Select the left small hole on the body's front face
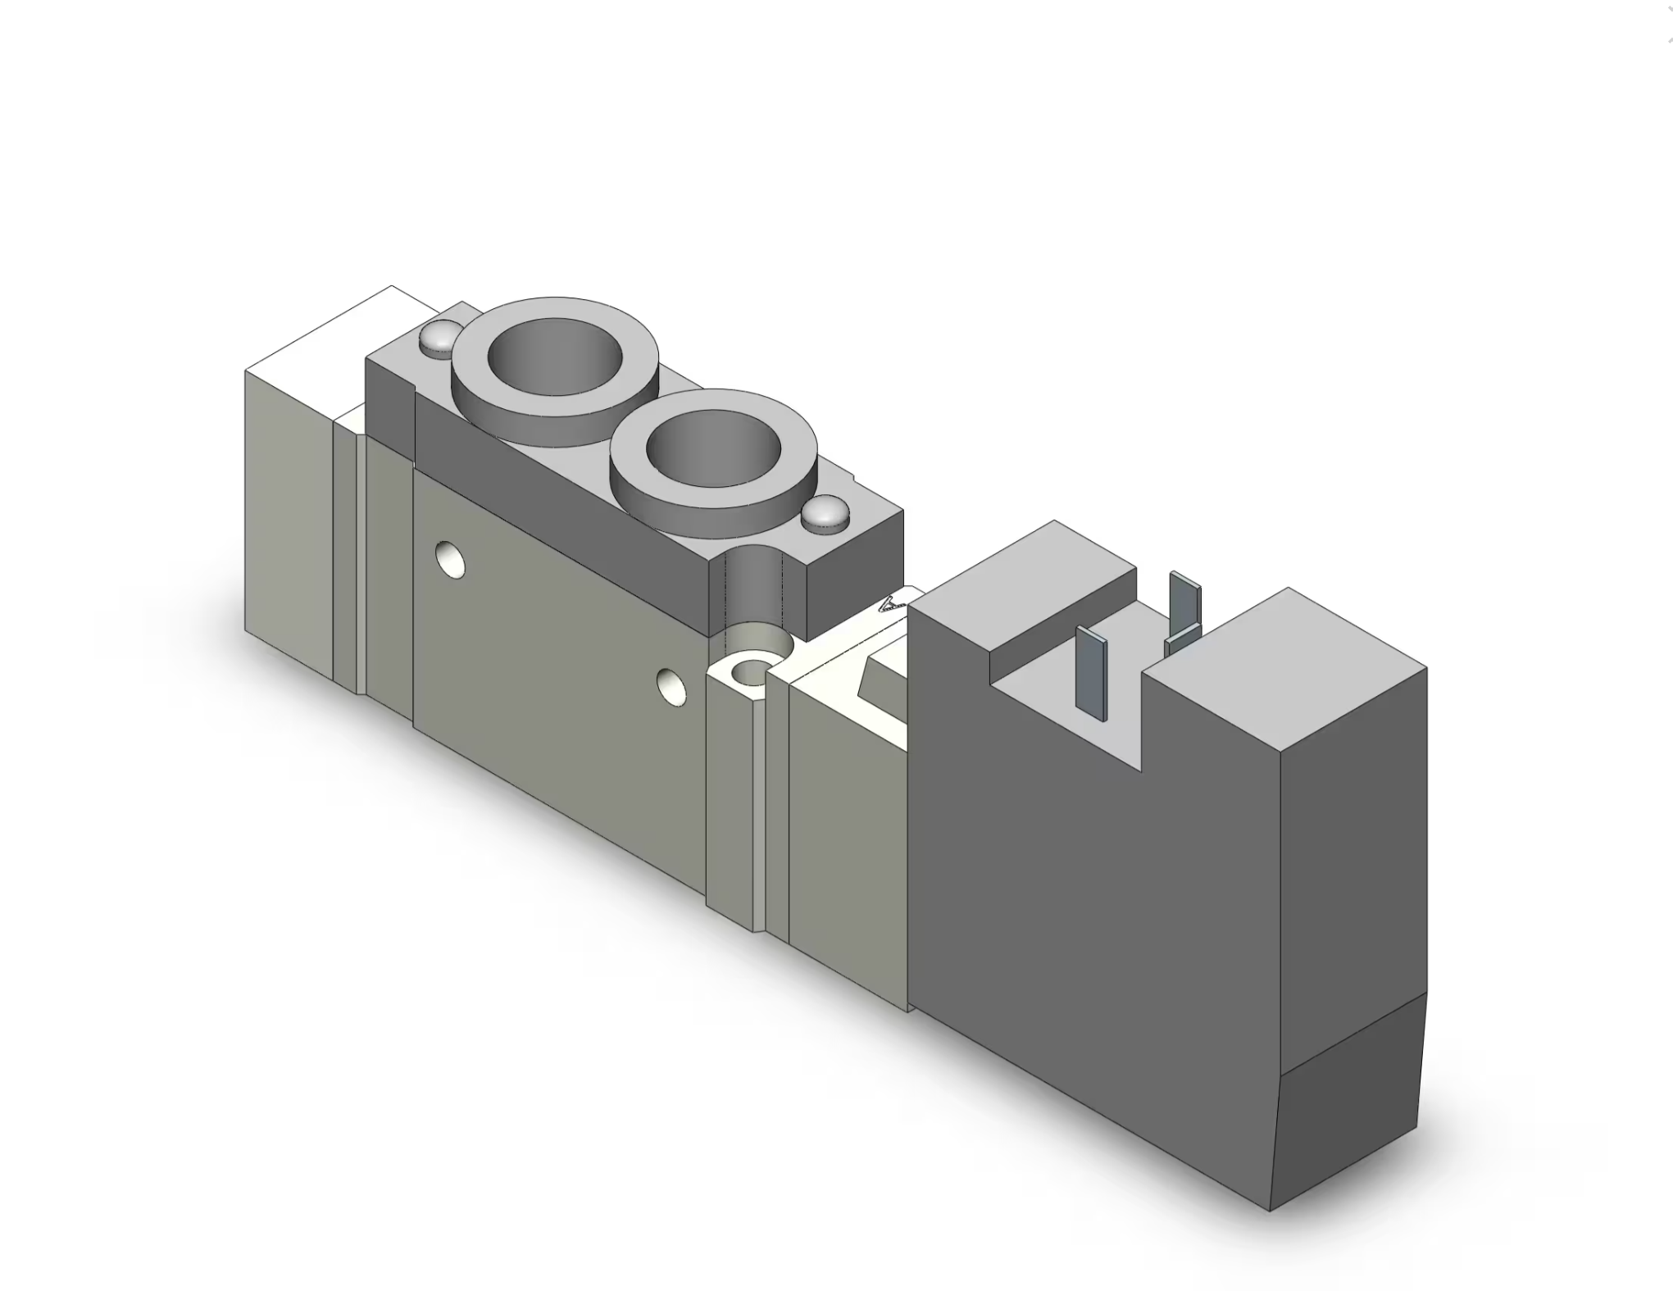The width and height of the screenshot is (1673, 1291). pyautogui.click(x=449, y=559)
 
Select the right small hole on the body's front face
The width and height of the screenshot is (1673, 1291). pyautogui.click(x=671, y=686)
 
